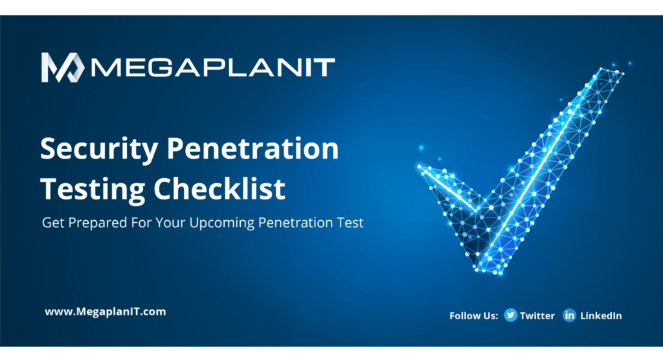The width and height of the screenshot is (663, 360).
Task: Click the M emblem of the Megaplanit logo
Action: pos(63,67)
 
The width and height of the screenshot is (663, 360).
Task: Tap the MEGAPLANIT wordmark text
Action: pos(212,68)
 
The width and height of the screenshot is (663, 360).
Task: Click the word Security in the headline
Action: pos(99,150)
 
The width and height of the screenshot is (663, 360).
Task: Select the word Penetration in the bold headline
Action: pos(253,148)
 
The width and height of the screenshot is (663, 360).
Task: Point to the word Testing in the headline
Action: pos(92,189)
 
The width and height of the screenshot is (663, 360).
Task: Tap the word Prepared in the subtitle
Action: pos(98,223)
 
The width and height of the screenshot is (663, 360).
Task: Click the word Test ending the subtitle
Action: pos(350,223)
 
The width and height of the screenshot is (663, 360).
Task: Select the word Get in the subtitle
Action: pos(53,223)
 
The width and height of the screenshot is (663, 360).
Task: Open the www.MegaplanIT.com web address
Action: pos(106,312)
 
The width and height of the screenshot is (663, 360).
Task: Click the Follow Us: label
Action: pos(473,315)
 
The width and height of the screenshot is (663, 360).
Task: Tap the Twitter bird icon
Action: pos(510,315)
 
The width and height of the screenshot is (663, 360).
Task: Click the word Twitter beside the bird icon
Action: pos(537,315)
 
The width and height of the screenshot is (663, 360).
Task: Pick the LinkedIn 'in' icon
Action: pos(569,315)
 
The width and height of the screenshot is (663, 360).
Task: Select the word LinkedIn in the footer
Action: pos(601,315)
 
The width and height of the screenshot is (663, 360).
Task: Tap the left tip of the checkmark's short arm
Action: pos(419,167)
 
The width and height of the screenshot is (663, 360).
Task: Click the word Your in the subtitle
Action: pos(170,223)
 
